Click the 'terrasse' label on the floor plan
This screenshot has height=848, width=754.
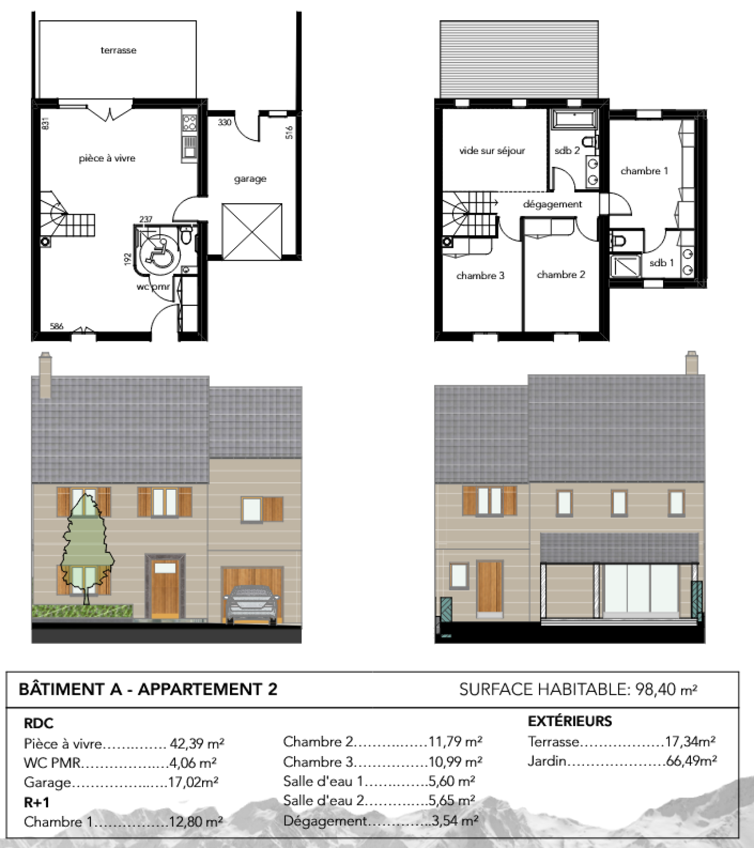point(118,50)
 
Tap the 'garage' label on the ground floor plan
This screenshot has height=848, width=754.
point(250,179)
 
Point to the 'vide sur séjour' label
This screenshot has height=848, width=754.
point(492,151)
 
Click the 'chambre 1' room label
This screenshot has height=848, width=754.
point(644,171)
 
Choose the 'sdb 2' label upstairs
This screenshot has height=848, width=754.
point(567,150)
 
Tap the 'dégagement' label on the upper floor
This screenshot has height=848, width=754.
point(552,205)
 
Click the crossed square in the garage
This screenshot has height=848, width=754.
point(252,231)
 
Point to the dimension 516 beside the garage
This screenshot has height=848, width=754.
point(289,132)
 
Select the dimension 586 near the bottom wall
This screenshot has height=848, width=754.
point(57,326)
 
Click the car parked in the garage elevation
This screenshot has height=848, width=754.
point(250,605)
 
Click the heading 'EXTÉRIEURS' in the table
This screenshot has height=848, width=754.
point(570,721)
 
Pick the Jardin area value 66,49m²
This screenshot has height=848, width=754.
point(691,761)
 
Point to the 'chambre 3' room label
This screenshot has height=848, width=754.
point(480,276)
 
